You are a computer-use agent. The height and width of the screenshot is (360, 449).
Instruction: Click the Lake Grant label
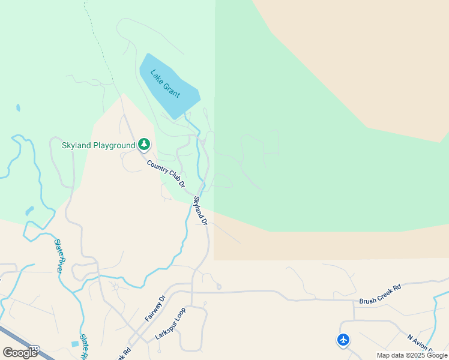pos(165,84)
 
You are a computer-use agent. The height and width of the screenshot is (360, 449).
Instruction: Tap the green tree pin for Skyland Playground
pos(144,144)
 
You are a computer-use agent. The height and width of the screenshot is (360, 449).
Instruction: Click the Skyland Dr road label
pos(200,211)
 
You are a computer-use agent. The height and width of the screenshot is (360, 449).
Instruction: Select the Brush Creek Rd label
pos(379,294)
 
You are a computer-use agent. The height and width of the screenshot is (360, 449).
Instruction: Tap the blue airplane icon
pos(343,340)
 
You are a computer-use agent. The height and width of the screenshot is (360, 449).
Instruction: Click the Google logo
pos(20,353)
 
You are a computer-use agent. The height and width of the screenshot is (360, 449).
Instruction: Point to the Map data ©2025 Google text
pos(412,355)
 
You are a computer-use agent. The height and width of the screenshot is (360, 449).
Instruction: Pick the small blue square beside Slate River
pos(74,344)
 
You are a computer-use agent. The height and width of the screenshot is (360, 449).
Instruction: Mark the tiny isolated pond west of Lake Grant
pos(18,108)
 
